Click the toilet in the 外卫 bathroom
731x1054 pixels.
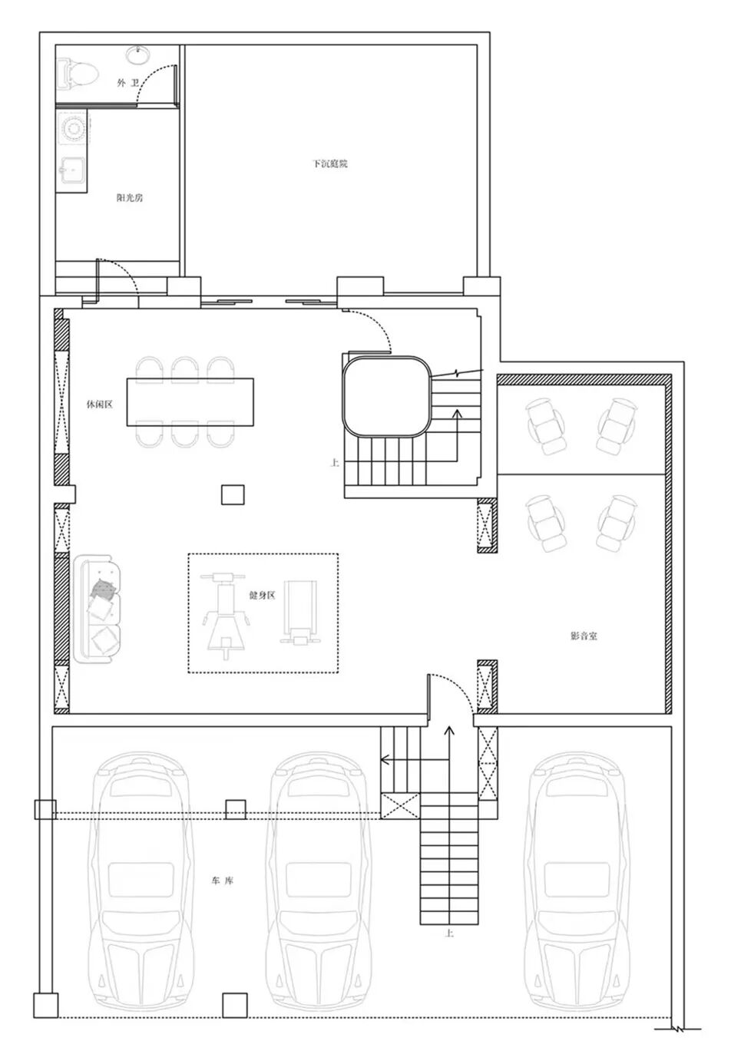[78, 74]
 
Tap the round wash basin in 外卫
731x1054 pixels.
[138, 55]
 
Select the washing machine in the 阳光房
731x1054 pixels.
[72, 127]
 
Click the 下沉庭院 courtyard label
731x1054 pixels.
[330, 164]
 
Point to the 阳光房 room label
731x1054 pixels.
[130, 197]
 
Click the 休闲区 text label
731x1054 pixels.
[99, 405]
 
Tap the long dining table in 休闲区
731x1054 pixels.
[190, 401]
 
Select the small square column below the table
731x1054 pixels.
[233, 494]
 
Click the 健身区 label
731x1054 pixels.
[262, 595]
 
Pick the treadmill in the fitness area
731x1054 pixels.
[299, 612]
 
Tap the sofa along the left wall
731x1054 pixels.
[98, 609]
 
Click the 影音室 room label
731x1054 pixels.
[584, 636]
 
